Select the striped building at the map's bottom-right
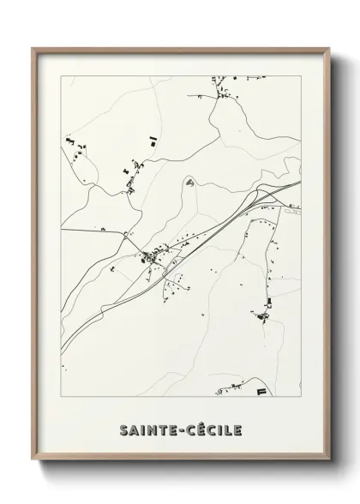coord(259,391)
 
